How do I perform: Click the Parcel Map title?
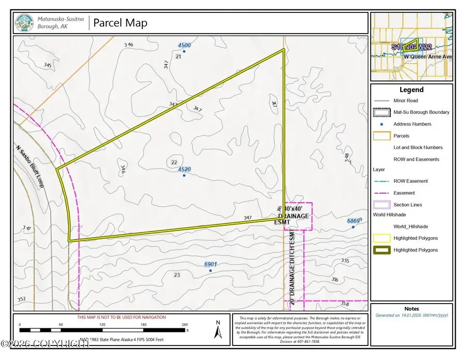pyautogui.click(x=120, y=23)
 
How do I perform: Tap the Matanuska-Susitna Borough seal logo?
pyautogui.click(x=24, y=23)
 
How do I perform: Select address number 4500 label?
pyautogui.click(x=184, y=45)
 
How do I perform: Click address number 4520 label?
pyautogui.click(x=184, y=169)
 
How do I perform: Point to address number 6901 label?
pyautogui.click(x=210, y=264)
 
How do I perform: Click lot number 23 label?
pyautogui.click(x=177, y=275)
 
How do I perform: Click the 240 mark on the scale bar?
pyautogui.click(x=184, y=325)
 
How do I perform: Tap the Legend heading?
pyautogui.click(x=411, y=90)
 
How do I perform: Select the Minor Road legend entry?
pyautogui.click(x=405, y=100)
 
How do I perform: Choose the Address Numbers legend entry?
pyautogui.click(x=412, y=124)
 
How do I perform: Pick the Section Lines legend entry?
pyautogui.click(x=407, y=205)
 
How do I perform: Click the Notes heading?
pyautogui.click(x=412, y=308)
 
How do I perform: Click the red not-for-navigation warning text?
pyautogui.click(x=122, y=317)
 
